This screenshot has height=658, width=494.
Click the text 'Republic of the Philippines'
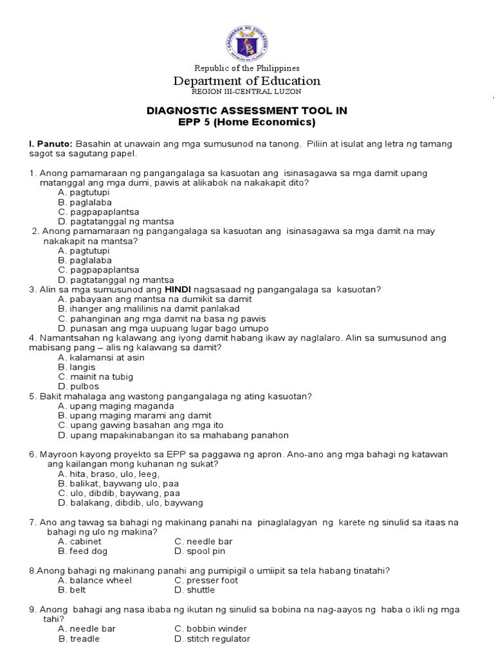pyautogui.click(x=247, y=68)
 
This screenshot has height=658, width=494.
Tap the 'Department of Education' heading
pyautogui.click(x=247, y=81)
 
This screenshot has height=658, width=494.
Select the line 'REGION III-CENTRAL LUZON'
pyautogui.click(x=247, y=92)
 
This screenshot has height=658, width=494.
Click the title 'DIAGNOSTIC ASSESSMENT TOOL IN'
pyautogui.click(x=247, y=111)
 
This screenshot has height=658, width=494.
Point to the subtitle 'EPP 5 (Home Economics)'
pyautogui.click(x=247, y=122)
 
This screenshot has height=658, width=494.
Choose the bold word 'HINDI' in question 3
pyautogui.click(x=180, y=290)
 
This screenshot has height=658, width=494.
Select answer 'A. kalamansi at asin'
pyautogui.click(x=101, y=357)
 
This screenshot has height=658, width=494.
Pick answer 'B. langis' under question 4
pyautogui.click(x=77, y=367)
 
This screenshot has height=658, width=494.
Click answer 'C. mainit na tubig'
pyautogui.click(x=95, y=377)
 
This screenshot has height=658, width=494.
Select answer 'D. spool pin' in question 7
pyautogui.click(x=199, y=551)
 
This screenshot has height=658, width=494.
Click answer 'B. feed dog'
pyautogui.click(x=82, y=551)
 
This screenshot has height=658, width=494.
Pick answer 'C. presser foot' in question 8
pyautogui.click(x=206, y=580)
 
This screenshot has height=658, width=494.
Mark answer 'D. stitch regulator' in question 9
pyautogui.click(x=212, y=639)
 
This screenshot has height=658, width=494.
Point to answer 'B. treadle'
pyautogui.click(x=78, y=639)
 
